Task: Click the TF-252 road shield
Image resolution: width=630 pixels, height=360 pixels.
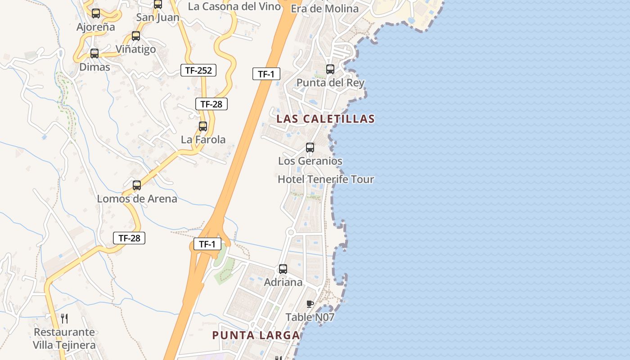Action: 198,70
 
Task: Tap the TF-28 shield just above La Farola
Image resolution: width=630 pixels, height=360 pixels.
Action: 211,104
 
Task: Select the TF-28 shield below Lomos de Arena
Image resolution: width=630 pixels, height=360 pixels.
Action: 129,238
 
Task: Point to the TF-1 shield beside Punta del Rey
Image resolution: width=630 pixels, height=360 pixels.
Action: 266,74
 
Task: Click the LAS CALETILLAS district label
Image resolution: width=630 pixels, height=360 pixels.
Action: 325,119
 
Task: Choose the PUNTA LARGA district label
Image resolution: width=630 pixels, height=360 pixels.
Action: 256,335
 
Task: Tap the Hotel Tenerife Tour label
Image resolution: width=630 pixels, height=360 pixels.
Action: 326,179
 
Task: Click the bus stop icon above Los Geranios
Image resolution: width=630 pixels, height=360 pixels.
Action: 310,147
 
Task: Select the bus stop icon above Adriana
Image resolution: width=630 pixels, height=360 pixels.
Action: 283,269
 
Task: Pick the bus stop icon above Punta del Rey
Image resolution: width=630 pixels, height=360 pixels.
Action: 330,69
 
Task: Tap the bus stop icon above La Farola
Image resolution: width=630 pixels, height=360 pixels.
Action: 203,126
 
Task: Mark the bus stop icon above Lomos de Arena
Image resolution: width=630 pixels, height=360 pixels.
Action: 137,185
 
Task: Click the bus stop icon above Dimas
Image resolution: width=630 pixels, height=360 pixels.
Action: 94,54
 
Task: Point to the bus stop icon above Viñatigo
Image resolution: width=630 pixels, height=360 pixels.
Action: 136,36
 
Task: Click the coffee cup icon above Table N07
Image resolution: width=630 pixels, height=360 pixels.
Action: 310,304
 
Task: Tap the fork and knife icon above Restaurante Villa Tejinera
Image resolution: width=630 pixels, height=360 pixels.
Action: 64,319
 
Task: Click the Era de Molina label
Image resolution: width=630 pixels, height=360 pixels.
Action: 324,9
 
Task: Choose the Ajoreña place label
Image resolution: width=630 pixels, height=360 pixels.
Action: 96,27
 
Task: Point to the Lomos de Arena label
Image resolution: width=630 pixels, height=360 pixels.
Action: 137,198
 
